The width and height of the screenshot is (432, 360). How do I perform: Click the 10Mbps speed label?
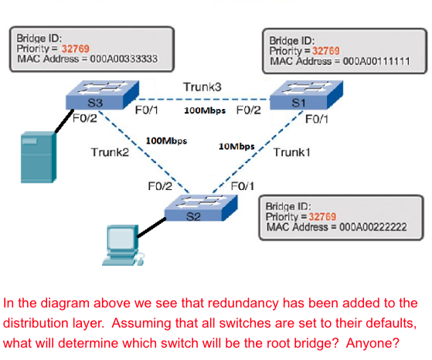click(x=236, y=146)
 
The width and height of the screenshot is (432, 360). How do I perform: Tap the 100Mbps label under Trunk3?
click(x=205, y=110)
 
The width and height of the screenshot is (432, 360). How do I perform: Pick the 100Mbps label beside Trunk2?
click(x=166, y=141)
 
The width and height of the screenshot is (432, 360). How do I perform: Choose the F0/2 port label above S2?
click(x=160, y=185)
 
